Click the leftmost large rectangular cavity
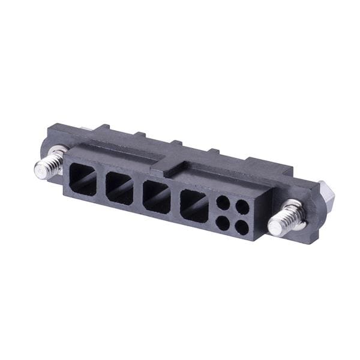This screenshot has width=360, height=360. tap(83, 179)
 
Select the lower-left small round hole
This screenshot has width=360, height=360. tap(222, 223)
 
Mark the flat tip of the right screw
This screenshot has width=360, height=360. tap(275, 227)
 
